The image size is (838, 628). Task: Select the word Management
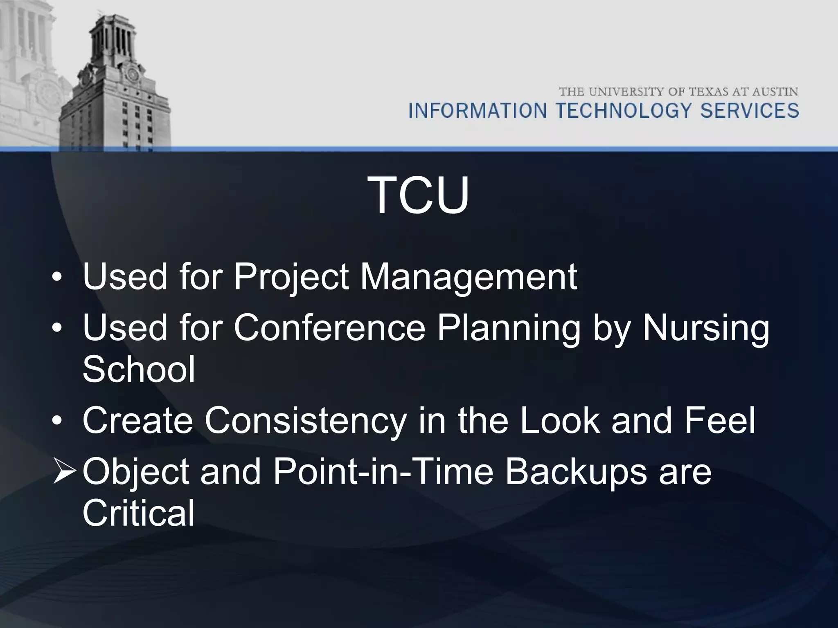click(x=468, y=277)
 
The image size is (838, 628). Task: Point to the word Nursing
click(x=705, y=328)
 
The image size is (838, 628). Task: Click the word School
click(x=139, y=370)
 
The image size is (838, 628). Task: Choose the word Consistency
click(x=306, y=421)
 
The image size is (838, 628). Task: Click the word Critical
click(x=139, y=514)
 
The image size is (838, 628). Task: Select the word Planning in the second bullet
click(x=509, y=328)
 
